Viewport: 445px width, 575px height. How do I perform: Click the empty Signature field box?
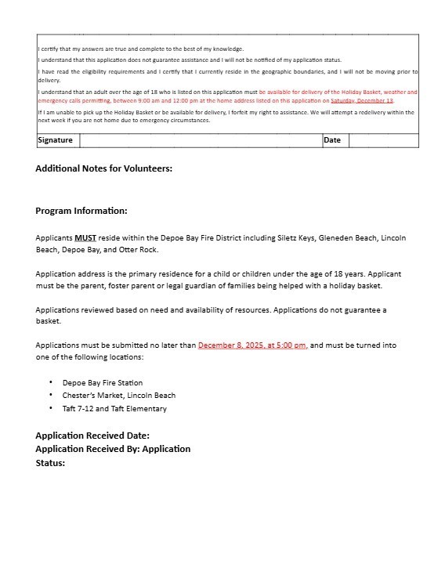click(x=200, y=140)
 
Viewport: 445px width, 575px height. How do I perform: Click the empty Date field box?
click(x=383, y=140)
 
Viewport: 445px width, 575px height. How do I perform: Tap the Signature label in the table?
click(x=56, y=140)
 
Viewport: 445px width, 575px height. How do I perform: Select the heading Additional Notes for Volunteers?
click(x=103, y=168)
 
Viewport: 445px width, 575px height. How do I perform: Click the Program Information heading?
click(x=81, y=211)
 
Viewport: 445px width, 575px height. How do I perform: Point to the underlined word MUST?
click(x=85, y=237)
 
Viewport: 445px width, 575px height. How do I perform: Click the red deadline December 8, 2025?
click(x=252, y=345)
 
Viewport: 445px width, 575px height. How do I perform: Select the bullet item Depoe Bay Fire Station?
click(x=103, y=383)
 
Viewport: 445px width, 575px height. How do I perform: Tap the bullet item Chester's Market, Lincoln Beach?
click(x=119, y=396)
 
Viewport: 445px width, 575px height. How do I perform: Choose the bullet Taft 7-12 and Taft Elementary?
click(x=114, y=408)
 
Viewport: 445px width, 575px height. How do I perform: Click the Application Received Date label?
click(x=92, y=436)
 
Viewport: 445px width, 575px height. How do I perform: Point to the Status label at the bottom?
click(x=50, y=463)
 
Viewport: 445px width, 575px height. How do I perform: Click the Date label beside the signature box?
click(x=332, y=140)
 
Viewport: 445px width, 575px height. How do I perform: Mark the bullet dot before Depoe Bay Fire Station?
click(x=51, y=383)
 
